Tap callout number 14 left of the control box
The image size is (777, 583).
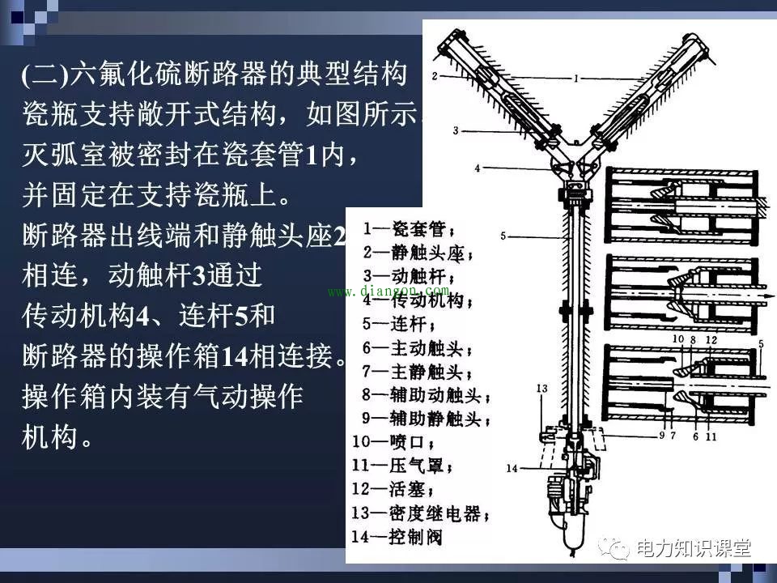512,467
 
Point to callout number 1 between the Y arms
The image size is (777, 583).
575,79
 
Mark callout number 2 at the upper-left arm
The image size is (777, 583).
435,75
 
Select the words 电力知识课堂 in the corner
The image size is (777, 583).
694,548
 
